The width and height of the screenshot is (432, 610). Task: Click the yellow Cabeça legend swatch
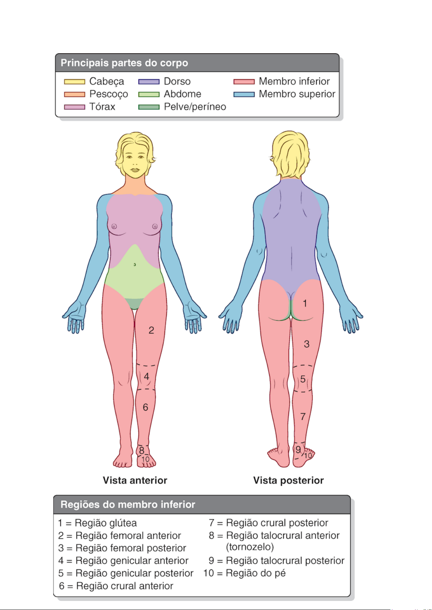click(x=74, y=82)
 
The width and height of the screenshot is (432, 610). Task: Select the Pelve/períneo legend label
click(x=195, y=107)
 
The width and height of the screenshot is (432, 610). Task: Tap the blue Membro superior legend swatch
click(x=244, y=94)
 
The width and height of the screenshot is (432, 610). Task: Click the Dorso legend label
click(x=177, y=81)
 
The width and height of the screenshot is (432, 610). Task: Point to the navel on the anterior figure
click(x=135, y=265)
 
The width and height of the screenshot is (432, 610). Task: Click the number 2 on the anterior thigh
click(x=151, y=330)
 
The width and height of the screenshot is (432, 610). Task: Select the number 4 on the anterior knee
click(x=146, y=376)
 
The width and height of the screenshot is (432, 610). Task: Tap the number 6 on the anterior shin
click(x=145, y=408)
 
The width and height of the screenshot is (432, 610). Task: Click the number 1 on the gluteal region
click(x=305, y=303)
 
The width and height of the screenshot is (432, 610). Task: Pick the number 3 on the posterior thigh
click(x=307, y=344)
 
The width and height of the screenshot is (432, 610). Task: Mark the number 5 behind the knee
click(x=303, y=379)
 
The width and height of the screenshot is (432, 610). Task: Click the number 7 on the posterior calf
click(x=303, y=417)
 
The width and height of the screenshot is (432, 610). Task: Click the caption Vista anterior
click(x=135, y=480)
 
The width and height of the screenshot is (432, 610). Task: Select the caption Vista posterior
click(x=288, y=480)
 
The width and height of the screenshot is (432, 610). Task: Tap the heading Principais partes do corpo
click(x=124, y=63)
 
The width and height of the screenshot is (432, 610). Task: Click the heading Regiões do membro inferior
click(x=128, y=504)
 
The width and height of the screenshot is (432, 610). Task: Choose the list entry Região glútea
click(x=105, y=523)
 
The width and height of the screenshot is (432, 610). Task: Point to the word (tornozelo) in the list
click(x=250, y=547)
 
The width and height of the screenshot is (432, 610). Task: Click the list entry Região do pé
click(x=256, y=573)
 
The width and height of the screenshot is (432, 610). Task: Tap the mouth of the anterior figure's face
click(x=135, y=169)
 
